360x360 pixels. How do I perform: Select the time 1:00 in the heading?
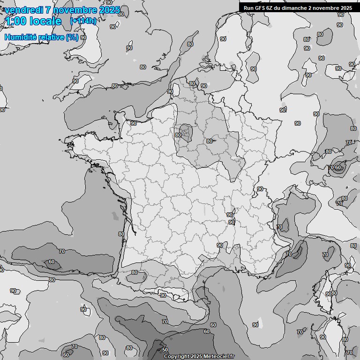pos(15,21)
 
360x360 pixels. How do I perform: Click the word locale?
pos(45,21)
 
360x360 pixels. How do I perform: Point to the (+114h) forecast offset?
pos(83,21)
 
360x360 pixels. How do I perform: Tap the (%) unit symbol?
pos(72,37)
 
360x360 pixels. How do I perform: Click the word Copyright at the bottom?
pos(176,356)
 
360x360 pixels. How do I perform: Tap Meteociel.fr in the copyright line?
pos(219,356)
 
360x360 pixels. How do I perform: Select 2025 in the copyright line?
pos(197,356)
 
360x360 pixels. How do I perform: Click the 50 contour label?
pos(165,350)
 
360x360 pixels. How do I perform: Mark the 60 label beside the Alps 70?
pos(337,167)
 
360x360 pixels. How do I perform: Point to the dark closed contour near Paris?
pos(186,132)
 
